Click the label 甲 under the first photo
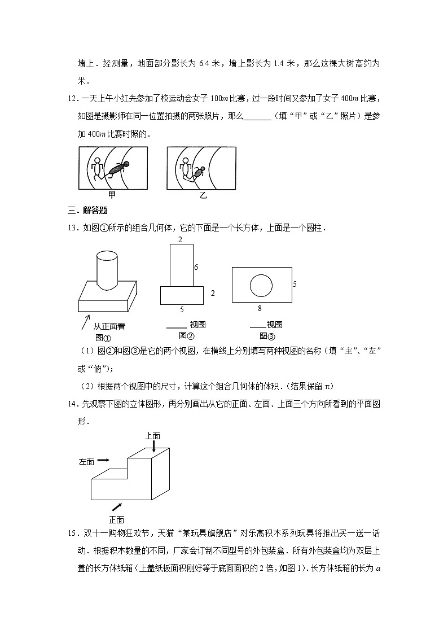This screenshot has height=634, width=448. point(112,195)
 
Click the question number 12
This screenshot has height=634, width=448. point(72,99)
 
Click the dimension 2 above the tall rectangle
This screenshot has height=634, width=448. point(180,240)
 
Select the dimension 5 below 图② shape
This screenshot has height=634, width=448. point(181,309)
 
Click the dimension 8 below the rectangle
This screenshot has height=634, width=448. point(260,308)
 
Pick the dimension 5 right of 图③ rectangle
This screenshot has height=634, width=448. point(294,284)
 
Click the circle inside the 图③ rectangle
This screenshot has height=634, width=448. point(261,285)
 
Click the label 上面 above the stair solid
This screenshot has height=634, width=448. point(153,435)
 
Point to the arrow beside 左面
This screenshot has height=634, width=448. point(103,460)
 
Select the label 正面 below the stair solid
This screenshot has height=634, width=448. point(116,519)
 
